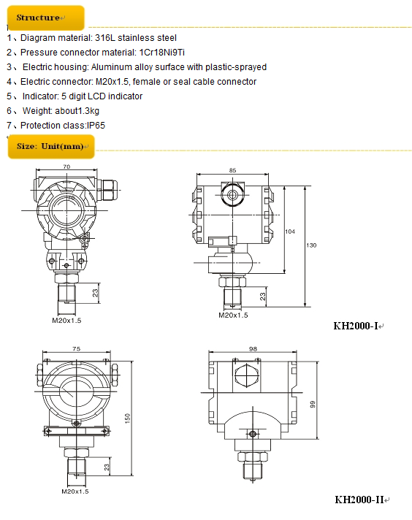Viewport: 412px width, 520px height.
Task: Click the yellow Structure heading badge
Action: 46,18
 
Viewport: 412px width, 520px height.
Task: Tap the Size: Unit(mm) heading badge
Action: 51,146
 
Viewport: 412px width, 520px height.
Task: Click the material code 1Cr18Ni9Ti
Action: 162,53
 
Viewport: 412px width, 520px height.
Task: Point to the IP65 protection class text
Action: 96,126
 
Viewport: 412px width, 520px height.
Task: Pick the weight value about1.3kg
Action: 77,111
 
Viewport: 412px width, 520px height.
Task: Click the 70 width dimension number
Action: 66,167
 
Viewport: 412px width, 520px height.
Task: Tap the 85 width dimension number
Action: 232,170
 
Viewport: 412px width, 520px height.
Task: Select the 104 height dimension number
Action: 290,232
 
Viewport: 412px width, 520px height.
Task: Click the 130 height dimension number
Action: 311,245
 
